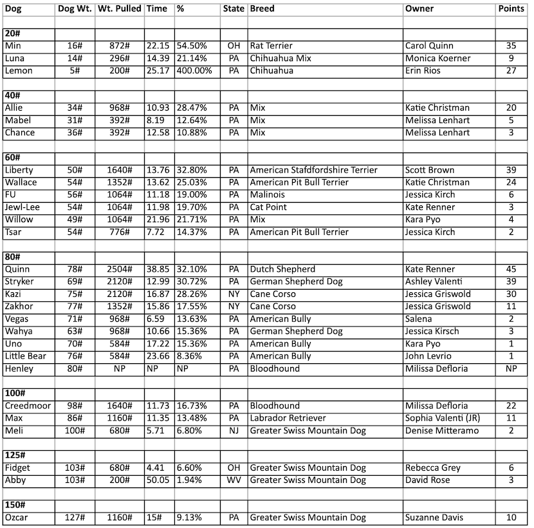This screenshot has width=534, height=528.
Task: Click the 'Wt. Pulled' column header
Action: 119,9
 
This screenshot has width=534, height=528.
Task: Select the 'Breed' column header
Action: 261,9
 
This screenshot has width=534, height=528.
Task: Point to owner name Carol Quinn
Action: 429,46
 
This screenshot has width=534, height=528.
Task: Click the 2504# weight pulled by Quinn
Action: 120,269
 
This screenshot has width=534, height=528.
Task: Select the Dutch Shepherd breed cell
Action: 281,269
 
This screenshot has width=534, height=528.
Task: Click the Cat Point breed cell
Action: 268,207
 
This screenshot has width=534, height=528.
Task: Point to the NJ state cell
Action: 234,430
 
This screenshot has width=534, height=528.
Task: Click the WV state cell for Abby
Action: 234,480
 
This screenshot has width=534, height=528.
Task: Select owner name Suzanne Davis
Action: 434,517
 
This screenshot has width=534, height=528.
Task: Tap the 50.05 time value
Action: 158,480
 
